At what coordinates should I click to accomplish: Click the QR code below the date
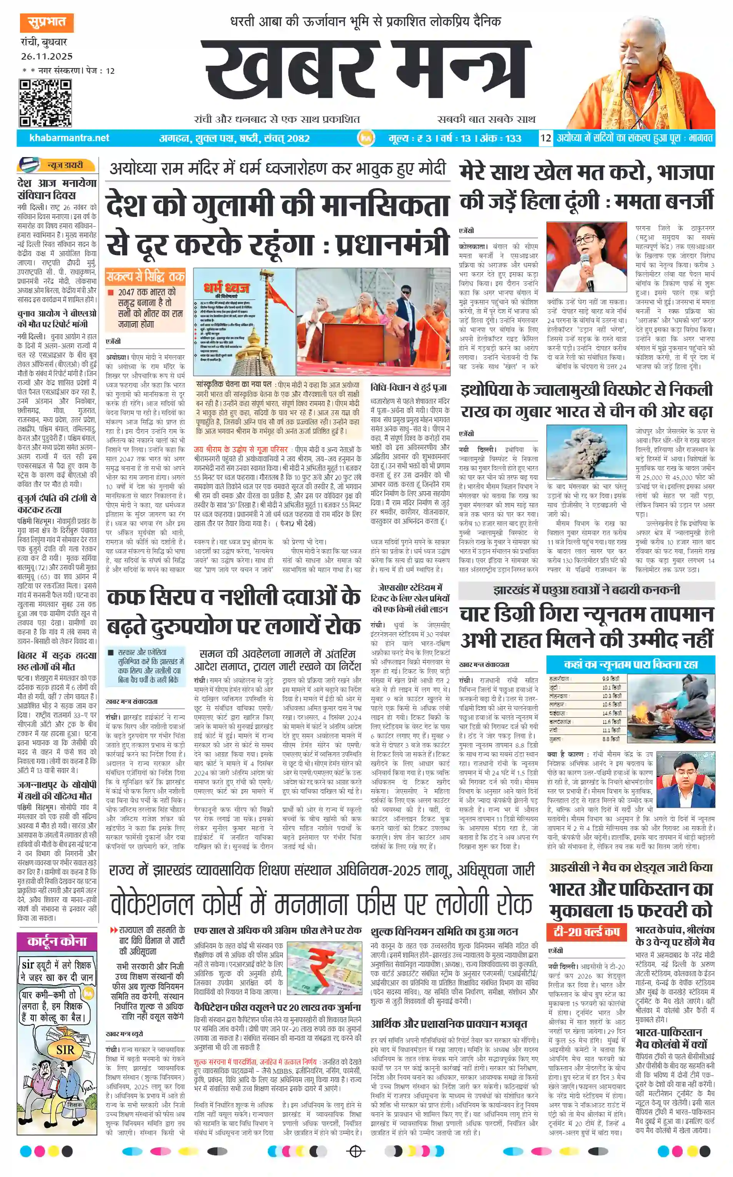click(x=45, y=103)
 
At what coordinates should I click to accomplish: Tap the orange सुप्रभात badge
click(x=47, y=22)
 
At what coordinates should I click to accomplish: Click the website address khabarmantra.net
click(x=69, y=138)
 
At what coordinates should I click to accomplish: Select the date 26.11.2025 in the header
click(x=47, y=57)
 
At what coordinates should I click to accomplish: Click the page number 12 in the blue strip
click(x=546, y=138)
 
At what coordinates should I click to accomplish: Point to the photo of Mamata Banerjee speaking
click(x=586, y=257)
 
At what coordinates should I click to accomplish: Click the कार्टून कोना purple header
click(x=57, y=941)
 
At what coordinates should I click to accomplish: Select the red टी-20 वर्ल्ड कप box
click(x=586, y=932)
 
